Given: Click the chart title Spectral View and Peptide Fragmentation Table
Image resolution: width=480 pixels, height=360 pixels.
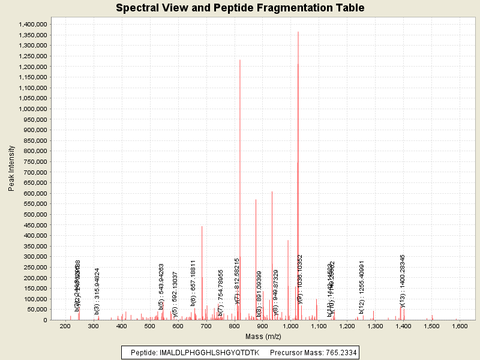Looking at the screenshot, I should pos(240,8).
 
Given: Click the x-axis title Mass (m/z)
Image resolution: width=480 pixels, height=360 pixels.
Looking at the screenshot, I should pos(262,338).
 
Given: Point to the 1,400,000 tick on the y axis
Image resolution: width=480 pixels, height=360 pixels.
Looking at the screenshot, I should pos(32,24).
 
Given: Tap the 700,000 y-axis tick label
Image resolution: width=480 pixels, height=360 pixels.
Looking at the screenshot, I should pos(34,172).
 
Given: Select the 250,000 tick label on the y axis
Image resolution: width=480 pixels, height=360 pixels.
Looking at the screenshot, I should pos(34,267).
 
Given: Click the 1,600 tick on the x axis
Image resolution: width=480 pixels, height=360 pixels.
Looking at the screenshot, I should pos(460,326).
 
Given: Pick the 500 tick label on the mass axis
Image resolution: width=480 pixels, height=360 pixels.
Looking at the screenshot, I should pos(149,326).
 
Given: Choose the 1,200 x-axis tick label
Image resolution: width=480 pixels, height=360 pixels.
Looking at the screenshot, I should pos(347,326).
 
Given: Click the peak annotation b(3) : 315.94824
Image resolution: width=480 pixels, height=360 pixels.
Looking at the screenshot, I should pos(97,291).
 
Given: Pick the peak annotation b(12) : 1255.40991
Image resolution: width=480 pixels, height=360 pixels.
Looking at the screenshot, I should pos(362,287).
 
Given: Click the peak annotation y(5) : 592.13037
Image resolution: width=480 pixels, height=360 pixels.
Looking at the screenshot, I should pos(175,293).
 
